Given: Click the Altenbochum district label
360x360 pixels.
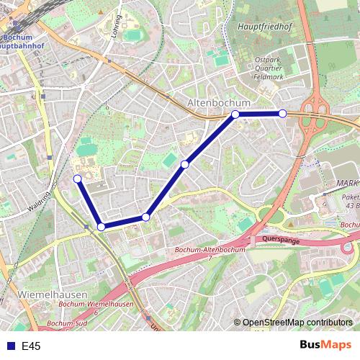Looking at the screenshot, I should click(x=219, y=103).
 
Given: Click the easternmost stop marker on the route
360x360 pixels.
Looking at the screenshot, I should click(x=282, y=114).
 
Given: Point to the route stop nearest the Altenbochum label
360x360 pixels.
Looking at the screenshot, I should click(x=235, y=114).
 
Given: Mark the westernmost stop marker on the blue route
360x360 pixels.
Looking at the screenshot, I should click(x=77, y=179).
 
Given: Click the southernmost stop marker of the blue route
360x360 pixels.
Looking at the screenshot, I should click(x=102, y=227).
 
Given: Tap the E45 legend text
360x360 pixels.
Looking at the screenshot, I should click(x=31, y=347).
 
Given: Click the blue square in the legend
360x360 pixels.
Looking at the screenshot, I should click(x=9, y=346).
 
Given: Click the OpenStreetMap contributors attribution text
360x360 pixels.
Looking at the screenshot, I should click(x=296, y=323).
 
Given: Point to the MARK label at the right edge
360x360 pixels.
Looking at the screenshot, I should click(x=347, y=184).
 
